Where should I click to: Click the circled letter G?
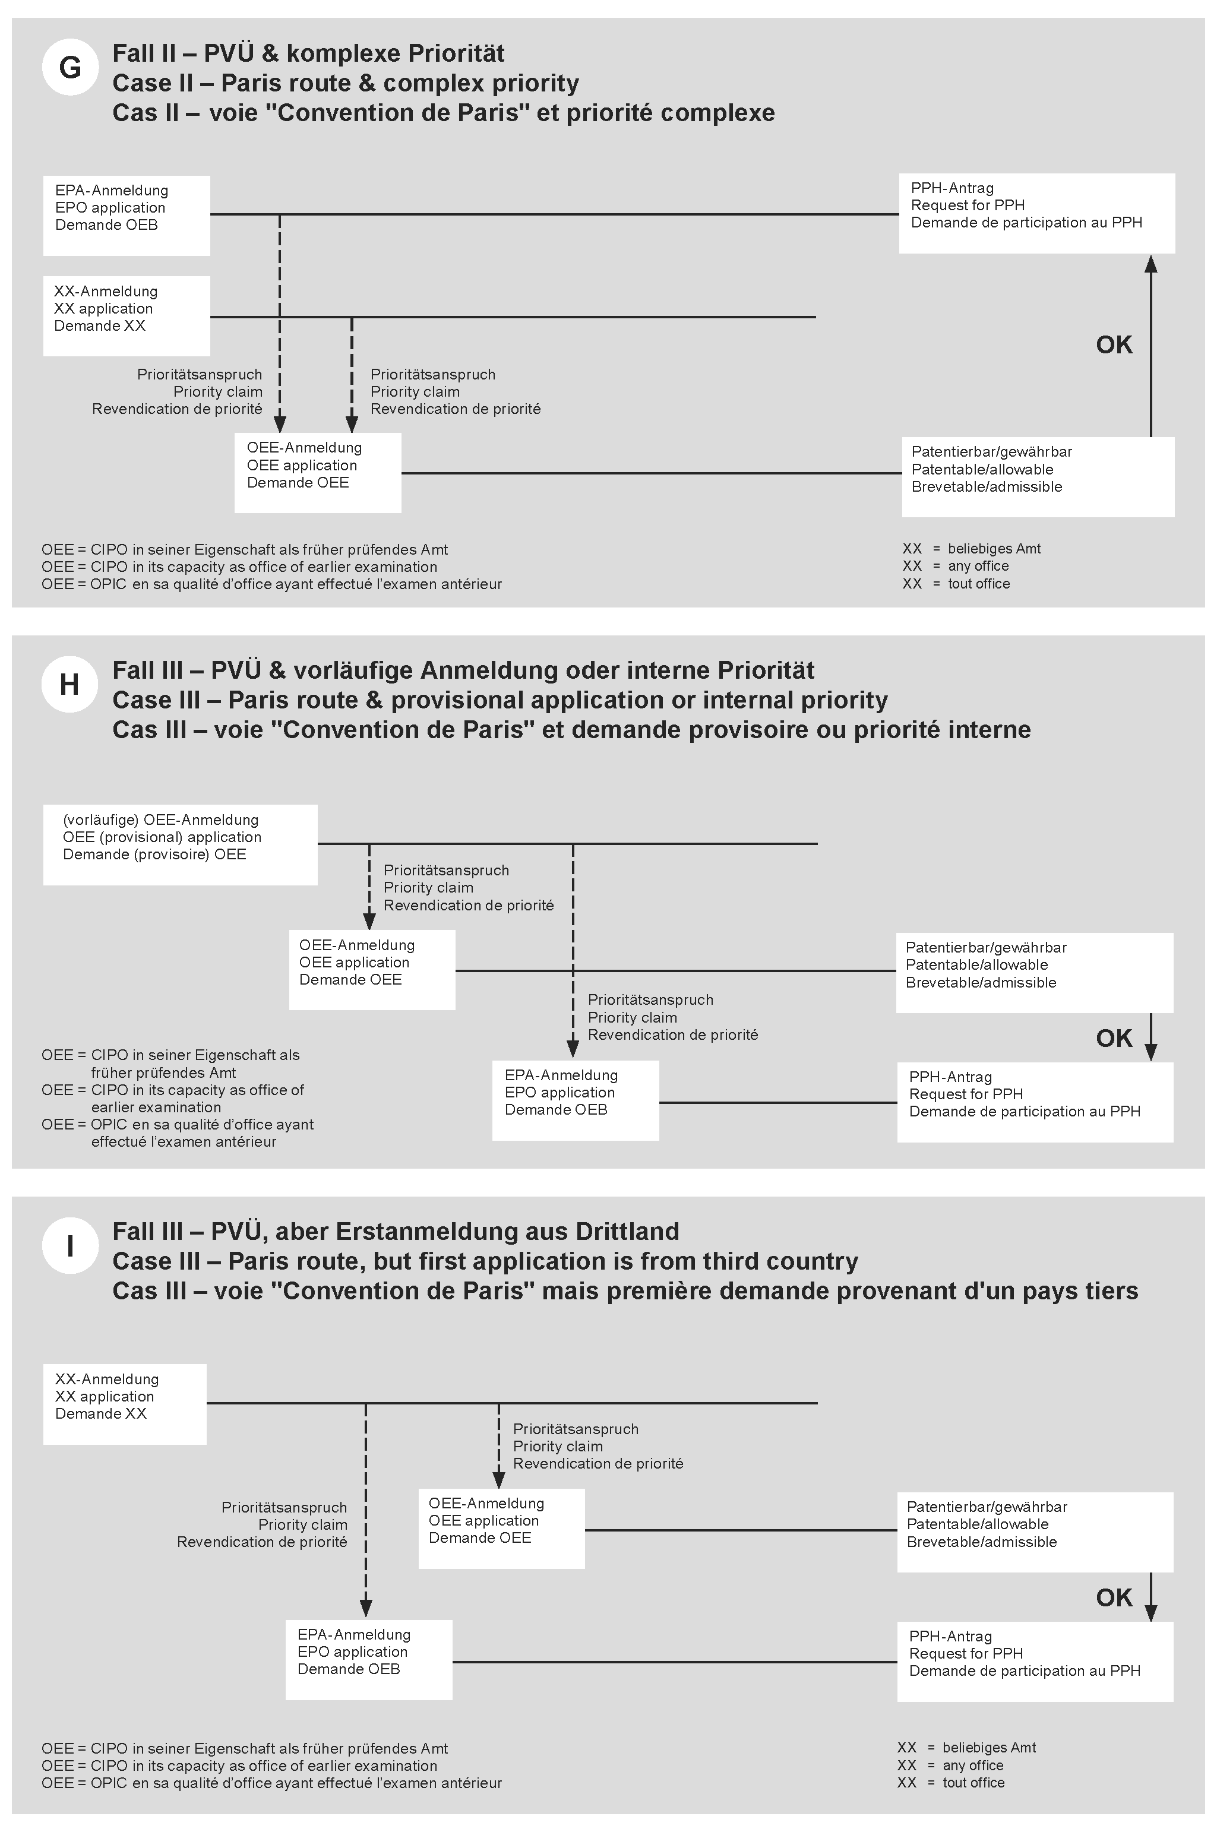[x=70, y=68]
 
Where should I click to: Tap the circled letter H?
[x=70, y=684]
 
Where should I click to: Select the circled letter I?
[x=70, y=1245]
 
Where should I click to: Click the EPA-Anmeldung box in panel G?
[x=127, y=216]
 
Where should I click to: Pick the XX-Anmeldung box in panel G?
[x=127, y=316]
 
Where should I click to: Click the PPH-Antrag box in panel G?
[x=1037, y=213]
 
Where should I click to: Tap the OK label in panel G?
[x=1114, y=344]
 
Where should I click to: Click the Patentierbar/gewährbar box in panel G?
[x=1038, y=476]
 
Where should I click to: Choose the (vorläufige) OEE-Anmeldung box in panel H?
[x=180, y=844]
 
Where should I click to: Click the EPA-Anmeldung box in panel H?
[x=575, y=1100]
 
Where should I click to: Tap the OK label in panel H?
[x=1114, y=1037]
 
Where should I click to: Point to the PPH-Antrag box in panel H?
[x=1035, y=1102]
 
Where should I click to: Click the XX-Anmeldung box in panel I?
[x=125, y=1404]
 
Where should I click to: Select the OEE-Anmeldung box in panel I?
[x=501, y=1528]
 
